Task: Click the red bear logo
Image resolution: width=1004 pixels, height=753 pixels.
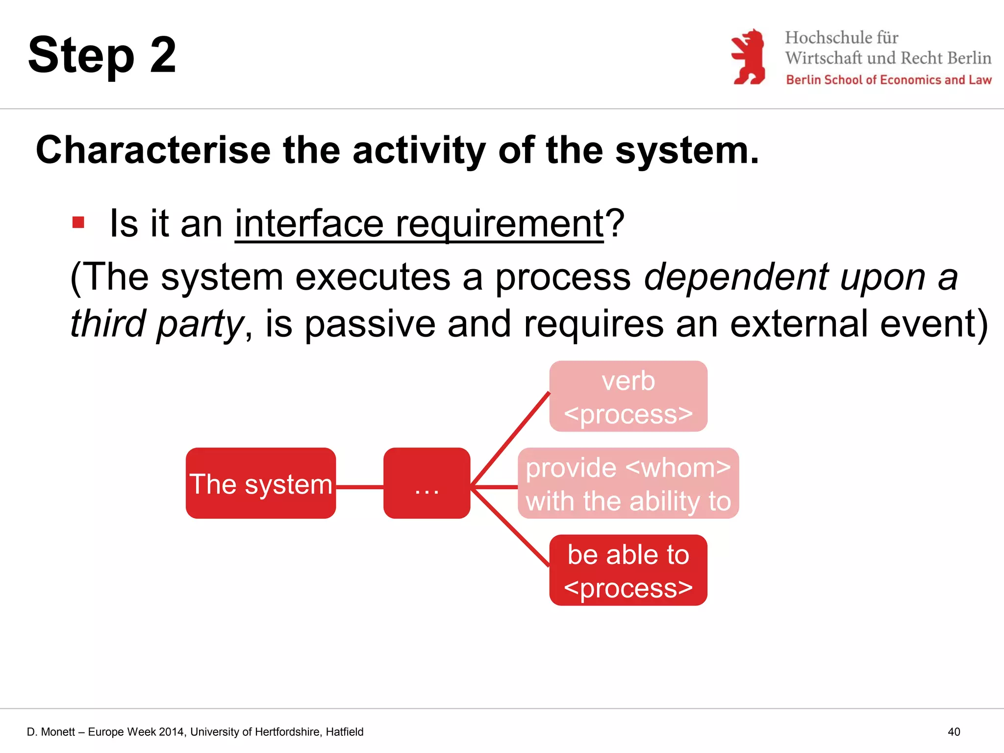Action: [x=748, y=56]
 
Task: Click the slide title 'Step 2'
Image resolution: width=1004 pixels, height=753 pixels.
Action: [x=102, y=55]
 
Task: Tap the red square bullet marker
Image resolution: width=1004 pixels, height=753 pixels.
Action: [x=78, y=222]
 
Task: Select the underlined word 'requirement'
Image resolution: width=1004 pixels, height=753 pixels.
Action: [x=499, y=224]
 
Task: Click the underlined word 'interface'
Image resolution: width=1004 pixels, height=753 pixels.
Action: [x=309, y=224]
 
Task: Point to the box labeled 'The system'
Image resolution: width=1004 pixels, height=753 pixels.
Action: [x=261, y=483]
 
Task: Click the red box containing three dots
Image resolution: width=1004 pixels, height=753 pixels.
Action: [x=427, y=483]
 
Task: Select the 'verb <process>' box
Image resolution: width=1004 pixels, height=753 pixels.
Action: [x=628, y=397]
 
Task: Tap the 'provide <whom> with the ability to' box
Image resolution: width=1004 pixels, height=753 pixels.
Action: [x=628, y=483]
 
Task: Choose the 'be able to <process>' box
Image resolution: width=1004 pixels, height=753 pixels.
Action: [x=628, y=570]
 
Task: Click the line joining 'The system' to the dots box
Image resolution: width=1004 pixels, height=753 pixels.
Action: [x=359, y=487]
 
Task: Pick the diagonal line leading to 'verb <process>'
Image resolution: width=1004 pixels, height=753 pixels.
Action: [x=510, y=439]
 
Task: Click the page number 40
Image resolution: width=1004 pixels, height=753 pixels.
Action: [x=954, y=732]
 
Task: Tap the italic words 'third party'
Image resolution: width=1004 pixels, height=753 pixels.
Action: [x=157, y=324]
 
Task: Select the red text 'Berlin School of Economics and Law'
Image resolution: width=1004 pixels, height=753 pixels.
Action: [x=888, y=80]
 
